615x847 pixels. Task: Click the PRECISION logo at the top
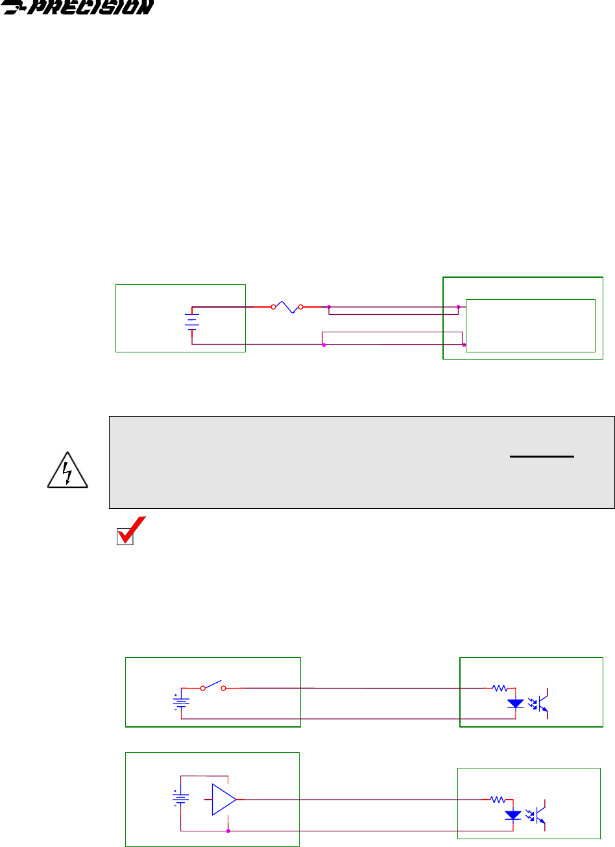tap(78, 8)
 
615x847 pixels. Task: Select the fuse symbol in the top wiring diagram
tap(287, 306)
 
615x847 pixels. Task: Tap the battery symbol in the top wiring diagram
tap(191, 321)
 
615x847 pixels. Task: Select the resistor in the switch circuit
tap(500, 687)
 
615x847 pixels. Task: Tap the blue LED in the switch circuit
tap(515, 704)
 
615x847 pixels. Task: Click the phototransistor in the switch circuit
tap(544, 703)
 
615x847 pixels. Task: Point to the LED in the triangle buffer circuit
tap(514, 815)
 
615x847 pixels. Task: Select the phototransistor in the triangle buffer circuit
tap(542, 815)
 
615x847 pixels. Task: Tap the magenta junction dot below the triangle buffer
tap(228, 831)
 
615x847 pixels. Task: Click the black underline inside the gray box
tap(542, 456)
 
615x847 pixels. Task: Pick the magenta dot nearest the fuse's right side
tap(329, 306)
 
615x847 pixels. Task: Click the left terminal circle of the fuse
tap(273, 306)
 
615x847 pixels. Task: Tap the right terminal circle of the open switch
tap(224, 687)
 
